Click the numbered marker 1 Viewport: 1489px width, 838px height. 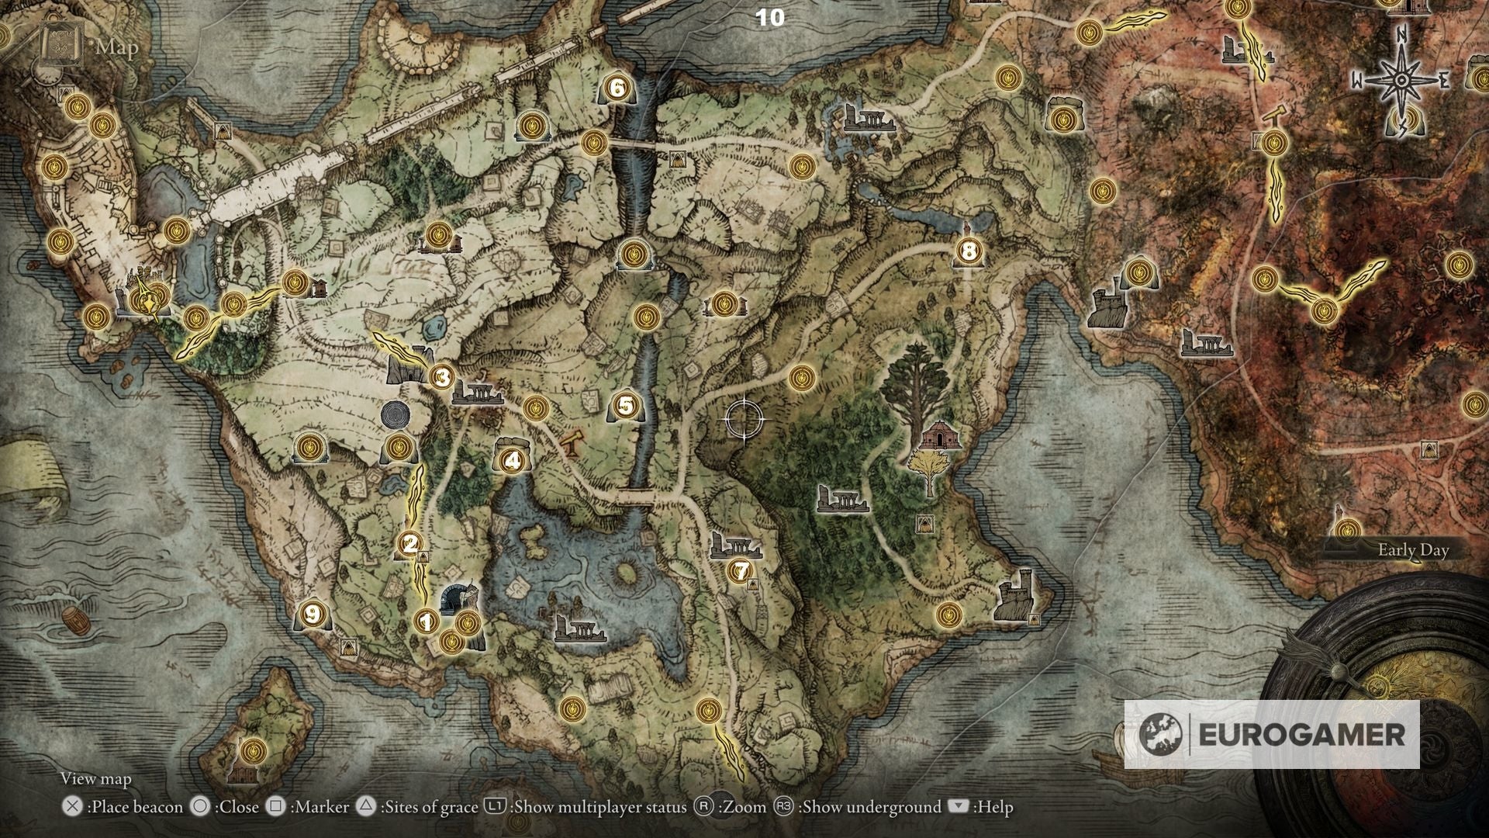424,622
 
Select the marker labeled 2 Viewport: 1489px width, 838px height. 410,544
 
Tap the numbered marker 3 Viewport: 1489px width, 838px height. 442,378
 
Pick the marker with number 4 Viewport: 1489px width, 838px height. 511,461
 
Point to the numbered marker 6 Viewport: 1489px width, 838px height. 617,88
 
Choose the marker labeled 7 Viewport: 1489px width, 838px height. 740,572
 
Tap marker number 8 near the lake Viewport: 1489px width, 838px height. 969,251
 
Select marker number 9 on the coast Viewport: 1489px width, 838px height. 312,614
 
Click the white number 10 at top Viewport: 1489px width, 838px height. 769,18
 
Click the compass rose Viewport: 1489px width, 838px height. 1401,80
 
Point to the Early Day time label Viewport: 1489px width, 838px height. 1412,550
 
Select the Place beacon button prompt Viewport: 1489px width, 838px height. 124,807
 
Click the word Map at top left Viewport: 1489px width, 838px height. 117,47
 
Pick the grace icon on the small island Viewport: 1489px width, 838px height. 253,751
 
